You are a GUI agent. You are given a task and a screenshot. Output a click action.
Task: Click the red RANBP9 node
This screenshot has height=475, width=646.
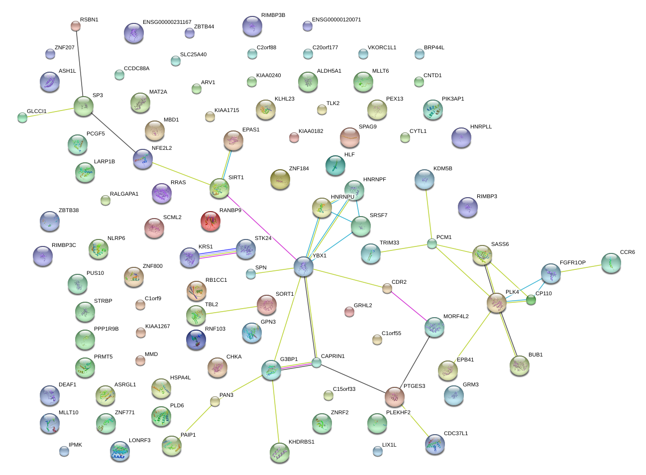[210, 221]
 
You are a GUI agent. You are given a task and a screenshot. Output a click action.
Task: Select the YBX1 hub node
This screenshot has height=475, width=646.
[304, 266]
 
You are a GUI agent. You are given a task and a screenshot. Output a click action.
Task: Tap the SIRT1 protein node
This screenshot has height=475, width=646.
[219, 188]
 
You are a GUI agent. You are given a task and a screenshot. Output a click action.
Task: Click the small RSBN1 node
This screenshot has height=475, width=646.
[75, 26]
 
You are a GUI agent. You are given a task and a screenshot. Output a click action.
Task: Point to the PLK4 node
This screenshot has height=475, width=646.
[496, 303]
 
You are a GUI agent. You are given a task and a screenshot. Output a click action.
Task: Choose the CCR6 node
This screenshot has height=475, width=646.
[611, 263]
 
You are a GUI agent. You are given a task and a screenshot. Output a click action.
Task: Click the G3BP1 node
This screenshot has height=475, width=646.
[271, 370]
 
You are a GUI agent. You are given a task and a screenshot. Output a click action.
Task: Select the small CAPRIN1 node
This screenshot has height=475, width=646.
[317, 362]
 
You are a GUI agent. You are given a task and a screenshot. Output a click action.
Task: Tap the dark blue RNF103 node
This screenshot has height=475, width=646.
[196, 340]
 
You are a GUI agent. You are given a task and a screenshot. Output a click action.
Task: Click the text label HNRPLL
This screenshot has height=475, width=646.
[481, 127]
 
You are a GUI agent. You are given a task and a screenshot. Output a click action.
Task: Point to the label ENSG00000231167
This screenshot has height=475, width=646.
[167, 22]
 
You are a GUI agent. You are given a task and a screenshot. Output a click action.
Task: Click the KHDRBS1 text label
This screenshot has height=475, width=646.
[301, 442]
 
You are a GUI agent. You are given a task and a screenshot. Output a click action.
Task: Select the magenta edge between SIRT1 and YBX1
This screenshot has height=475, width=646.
[261, 227]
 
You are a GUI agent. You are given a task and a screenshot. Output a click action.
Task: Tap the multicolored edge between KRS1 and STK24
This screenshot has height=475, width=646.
[217, 253]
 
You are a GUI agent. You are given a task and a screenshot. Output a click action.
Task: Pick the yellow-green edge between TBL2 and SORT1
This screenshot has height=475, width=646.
[231, 310]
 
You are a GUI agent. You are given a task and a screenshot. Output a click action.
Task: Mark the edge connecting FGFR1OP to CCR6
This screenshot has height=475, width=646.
[581, 268]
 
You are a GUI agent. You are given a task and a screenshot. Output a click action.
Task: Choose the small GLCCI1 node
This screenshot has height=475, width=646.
[22, 118]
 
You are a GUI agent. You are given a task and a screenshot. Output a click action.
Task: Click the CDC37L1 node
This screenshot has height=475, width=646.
[435, 444]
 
